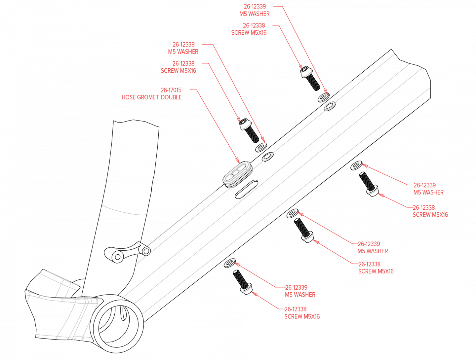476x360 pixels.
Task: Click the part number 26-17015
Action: [171, 90]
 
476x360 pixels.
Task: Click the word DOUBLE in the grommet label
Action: [171, 97]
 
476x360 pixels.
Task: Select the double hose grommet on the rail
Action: [237, 173]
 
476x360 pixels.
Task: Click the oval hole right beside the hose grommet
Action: [267, 157]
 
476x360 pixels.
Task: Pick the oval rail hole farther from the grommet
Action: [330, 106]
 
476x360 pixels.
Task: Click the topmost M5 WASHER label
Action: [255, 14]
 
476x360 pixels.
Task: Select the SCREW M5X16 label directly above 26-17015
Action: [178, 71]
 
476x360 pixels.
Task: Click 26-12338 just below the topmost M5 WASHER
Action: [254, 25]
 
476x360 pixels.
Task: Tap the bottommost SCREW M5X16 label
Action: [302, 316]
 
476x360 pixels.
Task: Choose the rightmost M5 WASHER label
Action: [428, 192]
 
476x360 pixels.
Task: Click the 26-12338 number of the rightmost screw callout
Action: [424, 207]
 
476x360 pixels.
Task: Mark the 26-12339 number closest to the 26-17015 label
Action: [183, 44]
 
